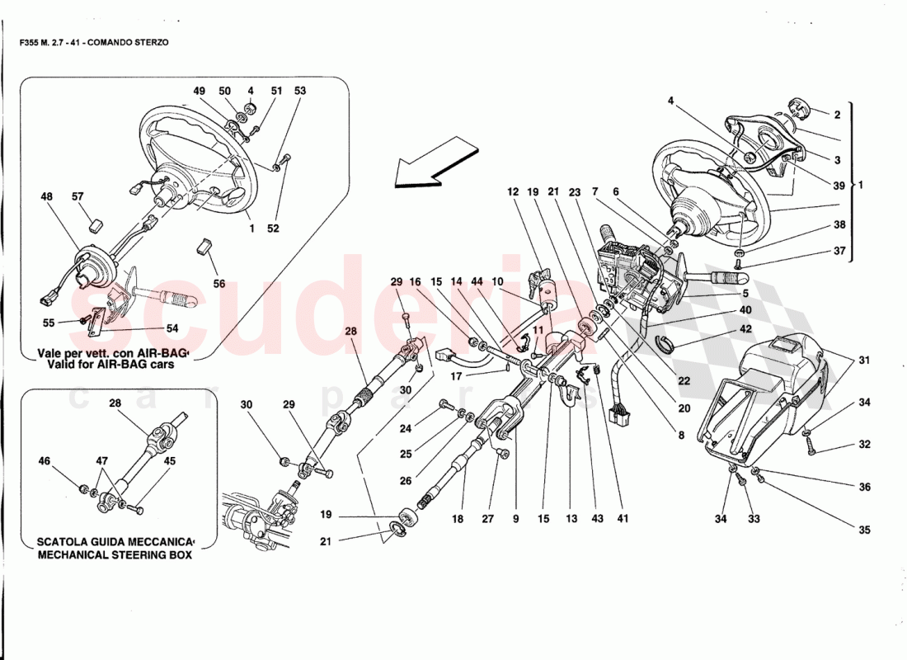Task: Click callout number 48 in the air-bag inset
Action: click(45, 198)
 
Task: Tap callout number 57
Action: click(78, 198)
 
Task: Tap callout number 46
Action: click(45, 461)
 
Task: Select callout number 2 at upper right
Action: click(836, 115)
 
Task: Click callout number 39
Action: click(839, 185)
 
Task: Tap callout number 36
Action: click(864, 487)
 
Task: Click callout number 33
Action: click(754, 519)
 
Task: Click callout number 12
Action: click(512, 192)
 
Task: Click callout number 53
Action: click(299, 91)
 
